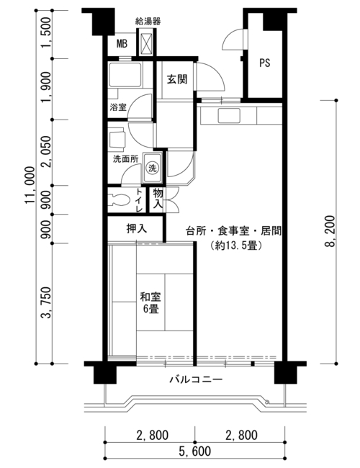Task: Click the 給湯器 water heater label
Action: (x=148, y=21)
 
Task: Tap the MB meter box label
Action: (x=122, y=44)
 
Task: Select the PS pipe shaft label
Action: (x=264, y=63)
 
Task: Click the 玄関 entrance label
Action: (x=177, y=79)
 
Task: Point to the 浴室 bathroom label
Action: (x=118, y=107)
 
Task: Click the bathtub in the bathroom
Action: (x=125, y=75)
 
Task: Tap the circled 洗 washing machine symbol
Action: (x=152, y=168)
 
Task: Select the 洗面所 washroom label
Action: (x=126, y=158)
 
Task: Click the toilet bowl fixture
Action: (x=120, y=199)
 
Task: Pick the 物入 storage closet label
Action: (x=158, y=199)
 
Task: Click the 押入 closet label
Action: (x=137, y=229)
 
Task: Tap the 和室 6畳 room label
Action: (x=150, y=302)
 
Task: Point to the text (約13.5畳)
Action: (x=236, y=246)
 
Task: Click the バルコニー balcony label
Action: (x=196, y=379)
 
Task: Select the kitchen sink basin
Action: (x=229, y=115)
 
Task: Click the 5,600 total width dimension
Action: (x=195, y=451)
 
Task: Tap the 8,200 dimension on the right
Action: (x=330, y=231)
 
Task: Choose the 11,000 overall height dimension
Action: (x=30, y=186)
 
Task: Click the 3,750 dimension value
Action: (x=47, y=303)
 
